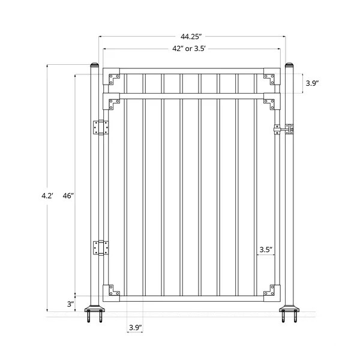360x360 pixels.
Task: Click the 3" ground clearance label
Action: tap(71, 304)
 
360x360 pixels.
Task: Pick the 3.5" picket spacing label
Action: tap(266, 249)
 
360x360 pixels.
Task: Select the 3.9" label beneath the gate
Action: tap(136, 327)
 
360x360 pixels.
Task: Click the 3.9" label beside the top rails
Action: tap(312, 83)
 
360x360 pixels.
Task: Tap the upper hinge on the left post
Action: tap(100, 128)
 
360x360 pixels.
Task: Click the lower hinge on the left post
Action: tap(100, 247)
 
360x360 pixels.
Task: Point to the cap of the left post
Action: tap(94, 64)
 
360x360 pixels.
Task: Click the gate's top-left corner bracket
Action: tap(114, 77)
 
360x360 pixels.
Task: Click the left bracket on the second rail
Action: tap(114, 103)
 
